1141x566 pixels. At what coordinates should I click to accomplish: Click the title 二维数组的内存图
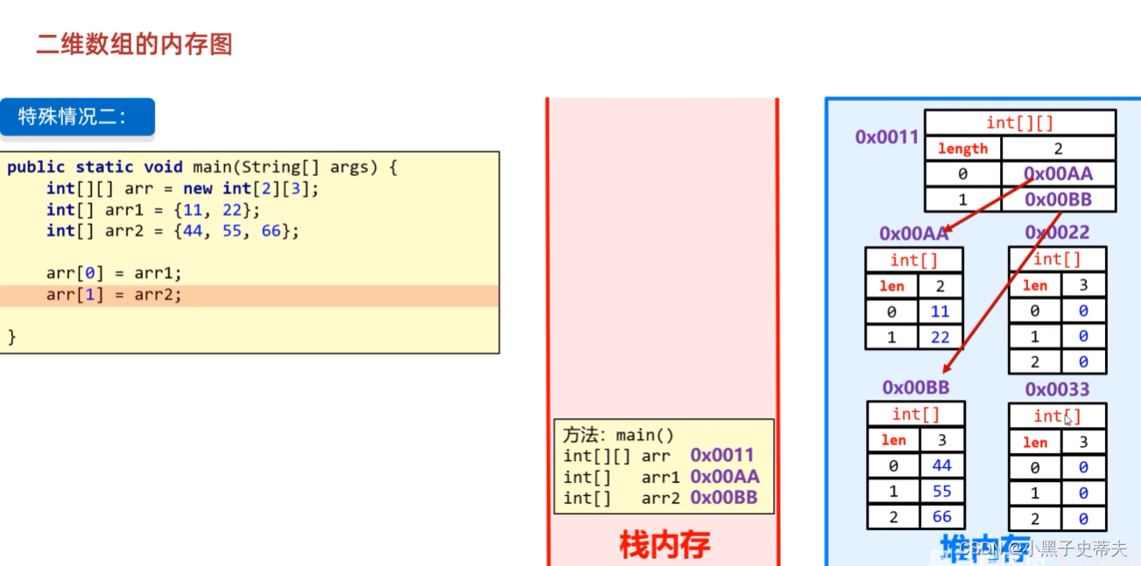coord(134,45)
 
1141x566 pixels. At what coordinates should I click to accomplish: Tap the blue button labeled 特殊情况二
coord(77,117)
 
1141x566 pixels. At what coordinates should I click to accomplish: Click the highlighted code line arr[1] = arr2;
coord(114,295)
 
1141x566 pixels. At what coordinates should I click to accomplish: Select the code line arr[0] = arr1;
coord(114,273)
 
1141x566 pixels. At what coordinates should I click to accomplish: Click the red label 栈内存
coord(664,545)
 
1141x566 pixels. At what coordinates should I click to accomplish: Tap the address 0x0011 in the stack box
coord(722,455)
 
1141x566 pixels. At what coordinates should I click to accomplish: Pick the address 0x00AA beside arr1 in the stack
coord(724,477)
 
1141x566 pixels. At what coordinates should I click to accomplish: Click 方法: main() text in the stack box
coord(619,435)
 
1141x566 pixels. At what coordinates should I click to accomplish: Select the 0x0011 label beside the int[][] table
coord(887,136)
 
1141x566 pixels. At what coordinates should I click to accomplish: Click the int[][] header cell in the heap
coord(1019,122)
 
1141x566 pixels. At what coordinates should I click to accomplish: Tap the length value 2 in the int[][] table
coord(1058,149)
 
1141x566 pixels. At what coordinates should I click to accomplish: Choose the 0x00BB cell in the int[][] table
coord(1059,199)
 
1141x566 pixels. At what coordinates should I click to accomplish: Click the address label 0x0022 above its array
coord(1057,232)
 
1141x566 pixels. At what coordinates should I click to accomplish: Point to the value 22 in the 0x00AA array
coord(940,337)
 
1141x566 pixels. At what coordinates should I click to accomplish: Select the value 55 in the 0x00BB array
coord(941,491)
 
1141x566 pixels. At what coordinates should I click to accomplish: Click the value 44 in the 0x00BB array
coord(941,465)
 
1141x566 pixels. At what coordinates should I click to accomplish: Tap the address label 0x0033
coord(1057,389)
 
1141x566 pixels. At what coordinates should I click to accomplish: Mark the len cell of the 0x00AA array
coord(891,286)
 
